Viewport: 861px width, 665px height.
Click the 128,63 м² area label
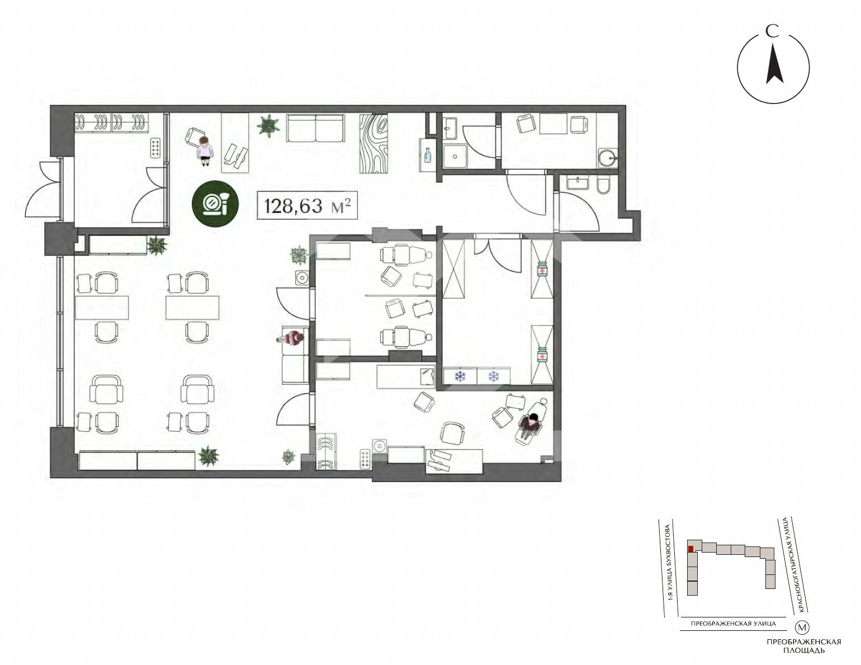307,205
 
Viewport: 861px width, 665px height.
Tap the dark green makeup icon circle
215,204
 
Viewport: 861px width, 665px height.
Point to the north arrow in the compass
774,69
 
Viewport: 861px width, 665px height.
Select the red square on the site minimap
690,549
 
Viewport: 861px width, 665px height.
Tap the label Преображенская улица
733,624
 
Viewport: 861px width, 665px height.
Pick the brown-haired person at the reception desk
205,150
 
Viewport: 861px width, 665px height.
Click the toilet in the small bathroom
602,186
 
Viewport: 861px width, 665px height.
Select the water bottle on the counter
427,155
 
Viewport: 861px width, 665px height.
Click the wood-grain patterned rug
373,144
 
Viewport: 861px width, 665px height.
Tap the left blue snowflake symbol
460,376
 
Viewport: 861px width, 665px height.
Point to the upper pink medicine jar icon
542,270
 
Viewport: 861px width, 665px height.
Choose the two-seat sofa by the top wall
315,128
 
